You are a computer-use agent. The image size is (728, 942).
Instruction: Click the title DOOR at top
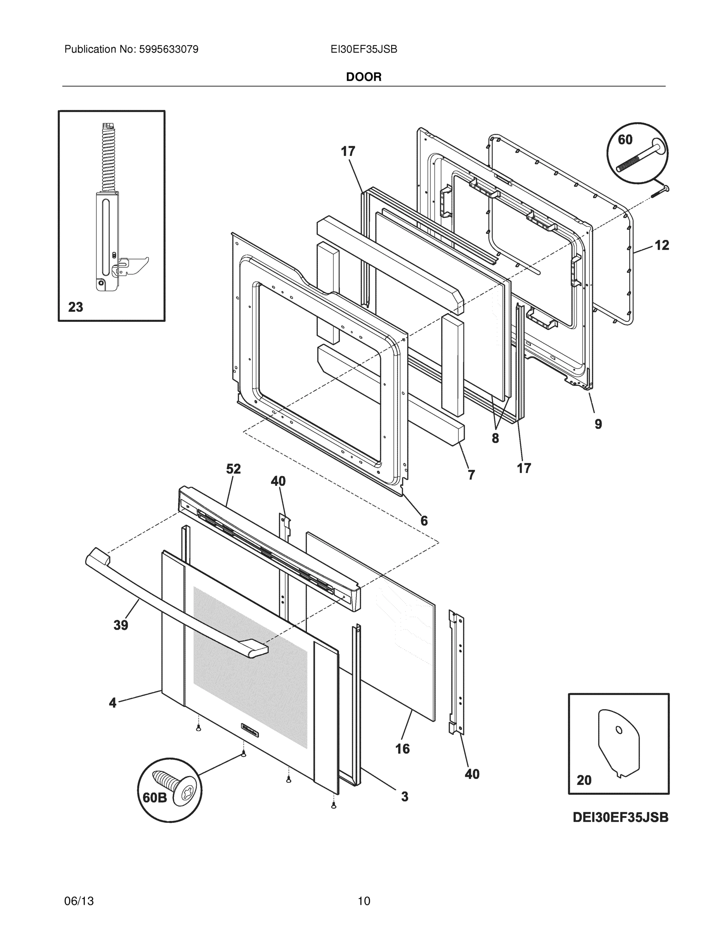[363, 77]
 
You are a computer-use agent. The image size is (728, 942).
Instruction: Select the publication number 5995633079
[168, 49]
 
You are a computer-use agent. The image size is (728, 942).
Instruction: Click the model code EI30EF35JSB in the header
[363, 49]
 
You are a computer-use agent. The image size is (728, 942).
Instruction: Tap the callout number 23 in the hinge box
[75, 307]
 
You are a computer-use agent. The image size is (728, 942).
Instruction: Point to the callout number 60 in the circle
[625, 140]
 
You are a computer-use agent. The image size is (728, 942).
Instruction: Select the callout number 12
[662, 245]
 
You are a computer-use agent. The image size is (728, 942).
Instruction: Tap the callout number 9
[598, 424]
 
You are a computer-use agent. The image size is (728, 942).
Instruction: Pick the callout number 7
[471, 475]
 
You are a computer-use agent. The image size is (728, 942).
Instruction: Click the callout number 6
[424, 521]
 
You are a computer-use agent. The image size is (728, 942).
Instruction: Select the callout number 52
[234, 469]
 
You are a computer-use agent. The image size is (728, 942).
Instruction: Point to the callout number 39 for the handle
[121, 625]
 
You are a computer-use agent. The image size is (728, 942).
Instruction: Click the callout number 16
[402, 749]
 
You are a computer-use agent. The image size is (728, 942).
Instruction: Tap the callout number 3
[405, 797]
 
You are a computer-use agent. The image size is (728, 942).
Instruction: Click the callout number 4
[113, 703]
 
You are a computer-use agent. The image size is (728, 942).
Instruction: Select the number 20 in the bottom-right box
[584, 780]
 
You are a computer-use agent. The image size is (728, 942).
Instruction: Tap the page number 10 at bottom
[363, 901]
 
